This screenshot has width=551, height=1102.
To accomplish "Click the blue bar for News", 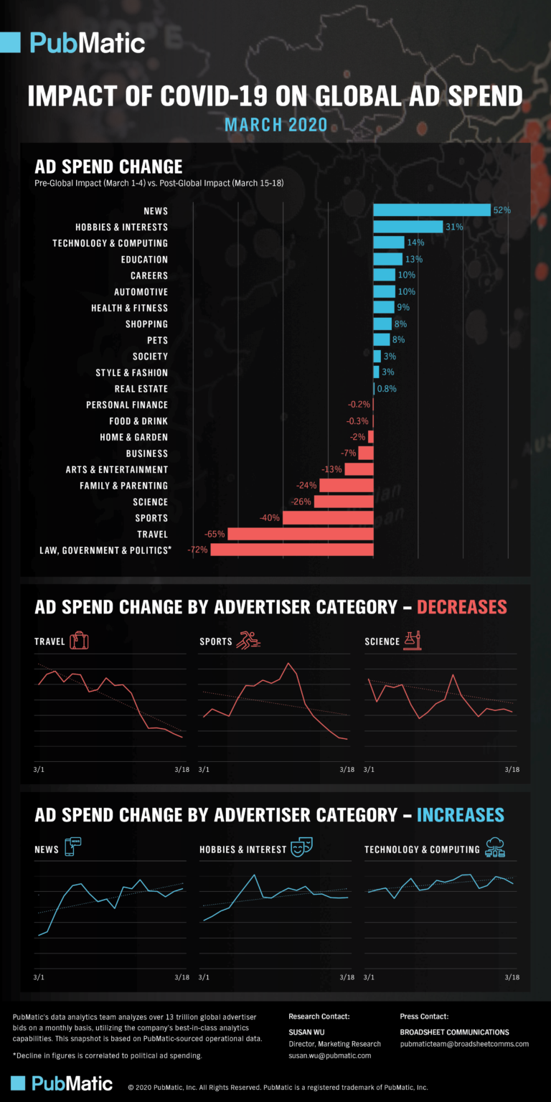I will pos(431,210).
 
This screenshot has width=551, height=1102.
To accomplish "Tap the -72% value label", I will pos(197,550).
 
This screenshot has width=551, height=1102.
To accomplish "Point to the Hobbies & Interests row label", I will pos(121,227).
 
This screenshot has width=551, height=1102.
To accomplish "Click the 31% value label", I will pos(454,227).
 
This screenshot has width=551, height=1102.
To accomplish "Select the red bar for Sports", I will pos(328,517).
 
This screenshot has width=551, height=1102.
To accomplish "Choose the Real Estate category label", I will pos(141,389).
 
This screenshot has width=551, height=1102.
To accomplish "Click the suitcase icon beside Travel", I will pos(80,641).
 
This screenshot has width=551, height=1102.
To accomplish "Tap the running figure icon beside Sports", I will pos(248,641).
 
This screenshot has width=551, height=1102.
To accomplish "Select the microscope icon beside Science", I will pos(412,640).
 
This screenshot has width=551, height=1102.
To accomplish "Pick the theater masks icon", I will pos(300,849).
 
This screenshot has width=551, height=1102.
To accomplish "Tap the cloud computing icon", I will pos(495,847).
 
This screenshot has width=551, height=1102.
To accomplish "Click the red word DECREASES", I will pos(461,607).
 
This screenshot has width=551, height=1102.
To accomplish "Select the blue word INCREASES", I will pos(460,815).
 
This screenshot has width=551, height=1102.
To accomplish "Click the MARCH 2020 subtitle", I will pos(275,125).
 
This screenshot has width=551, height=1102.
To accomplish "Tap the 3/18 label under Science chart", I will pos(512,769).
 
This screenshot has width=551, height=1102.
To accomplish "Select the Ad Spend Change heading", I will pos(108,166).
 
